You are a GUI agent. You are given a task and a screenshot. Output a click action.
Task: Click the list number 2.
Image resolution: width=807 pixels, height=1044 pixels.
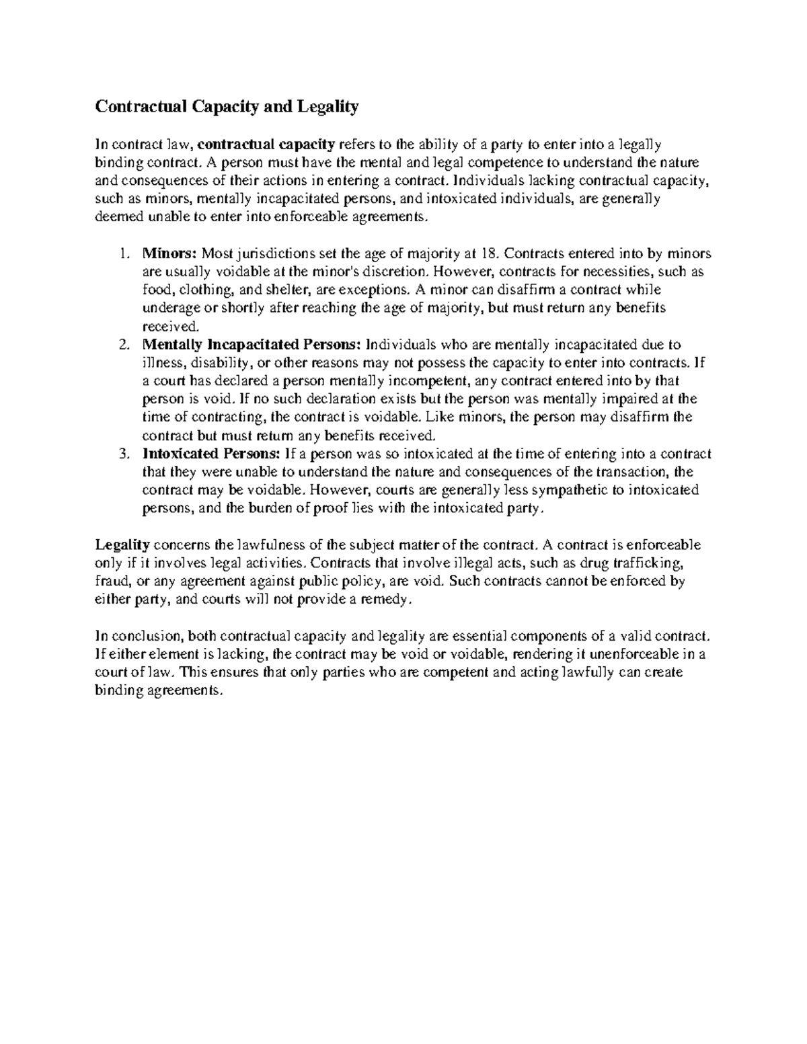point(123,345)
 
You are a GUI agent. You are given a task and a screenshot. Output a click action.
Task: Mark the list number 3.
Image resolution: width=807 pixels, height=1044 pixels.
point(123,454)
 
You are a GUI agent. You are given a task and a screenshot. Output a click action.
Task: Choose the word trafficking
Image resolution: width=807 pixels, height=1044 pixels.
point(651,563)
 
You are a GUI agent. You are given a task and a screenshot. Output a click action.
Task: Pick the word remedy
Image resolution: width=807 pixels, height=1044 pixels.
point(383,600)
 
